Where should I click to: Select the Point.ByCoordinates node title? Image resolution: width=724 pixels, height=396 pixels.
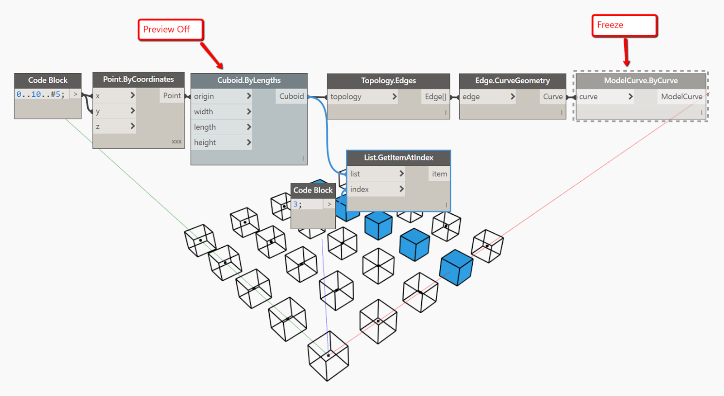click(x=138, y=80)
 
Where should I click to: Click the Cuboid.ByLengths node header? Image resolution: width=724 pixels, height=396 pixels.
click(x=249, y=80)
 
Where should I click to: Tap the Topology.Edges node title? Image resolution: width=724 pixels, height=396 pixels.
click(x=388, y=81)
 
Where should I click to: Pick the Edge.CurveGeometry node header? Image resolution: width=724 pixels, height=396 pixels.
click(x=512, y=81)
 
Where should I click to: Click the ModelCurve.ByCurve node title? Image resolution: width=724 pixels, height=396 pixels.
click(x=640, y=81)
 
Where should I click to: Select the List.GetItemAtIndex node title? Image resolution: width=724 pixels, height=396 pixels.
click(x=398, y=158)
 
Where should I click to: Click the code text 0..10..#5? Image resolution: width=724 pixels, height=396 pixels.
click(x=41, y=94)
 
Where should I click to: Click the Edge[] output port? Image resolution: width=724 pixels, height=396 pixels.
click(x=435, y=97)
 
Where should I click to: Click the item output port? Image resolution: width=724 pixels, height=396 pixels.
click(x=439, y=174)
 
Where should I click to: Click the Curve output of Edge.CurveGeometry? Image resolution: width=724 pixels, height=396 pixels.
click(x=553, y=97)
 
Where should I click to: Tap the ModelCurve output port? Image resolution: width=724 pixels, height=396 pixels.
click(x=681, y=97)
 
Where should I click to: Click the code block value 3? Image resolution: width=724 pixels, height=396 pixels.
click(x=297, y=204)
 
